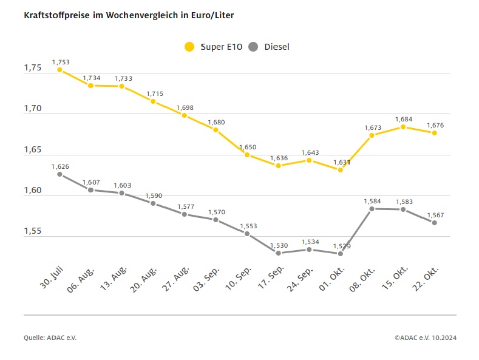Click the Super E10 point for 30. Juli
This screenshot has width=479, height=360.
click(x=59, y=70)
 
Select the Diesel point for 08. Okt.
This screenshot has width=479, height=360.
click(x=372, y=209)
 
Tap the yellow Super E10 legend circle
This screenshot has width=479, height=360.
click(x=190, y=47)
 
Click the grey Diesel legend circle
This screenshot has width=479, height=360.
click(x=254, y=47)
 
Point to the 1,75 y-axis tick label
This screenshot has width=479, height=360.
click(x=33, y=68)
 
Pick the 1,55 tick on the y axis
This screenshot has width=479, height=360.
click(x=33, y=232)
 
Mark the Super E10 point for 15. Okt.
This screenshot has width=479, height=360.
click(x=403, y=127)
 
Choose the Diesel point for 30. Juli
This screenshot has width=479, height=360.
click(x=59, y=174)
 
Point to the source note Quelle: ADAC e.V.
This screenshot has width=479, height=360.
click(x=50, y=337)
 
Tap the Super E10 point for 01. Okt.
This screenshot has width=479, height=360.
click(x=341, y=170)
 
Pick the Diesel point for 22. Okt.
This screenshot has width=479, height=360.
click(x=435, y=223)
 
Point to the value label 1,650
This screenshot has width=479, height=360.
click(x=248, y=147)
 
